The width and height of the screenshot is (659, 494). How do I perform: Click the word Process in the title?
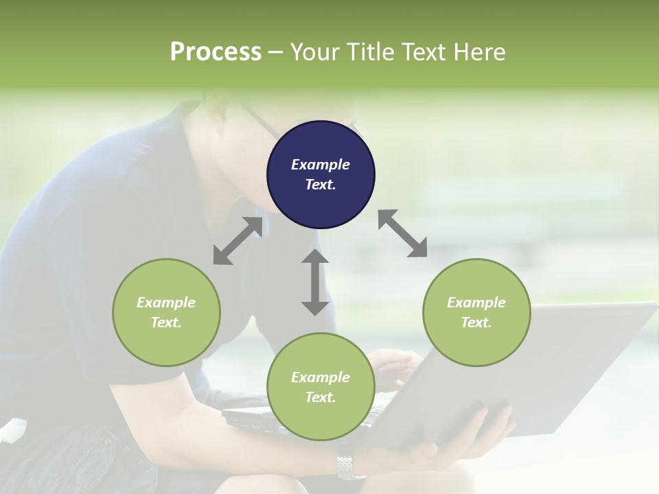[216, 52]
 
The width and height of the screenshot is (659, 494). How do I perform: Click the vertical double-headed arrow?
[315, 282]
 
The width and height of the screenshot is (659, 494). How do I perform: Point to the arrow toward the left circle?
[238, 241]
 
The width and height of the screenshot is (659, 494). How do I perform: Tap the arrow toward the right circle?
[403, 233]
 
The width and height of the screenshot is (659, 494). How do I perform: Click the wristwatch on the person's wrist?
[350, 467]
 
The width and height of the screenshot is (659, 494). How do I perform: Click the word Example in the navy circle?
[321, 165]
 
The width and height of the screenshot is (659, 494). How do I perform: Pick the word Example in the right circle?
[476, 303]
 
